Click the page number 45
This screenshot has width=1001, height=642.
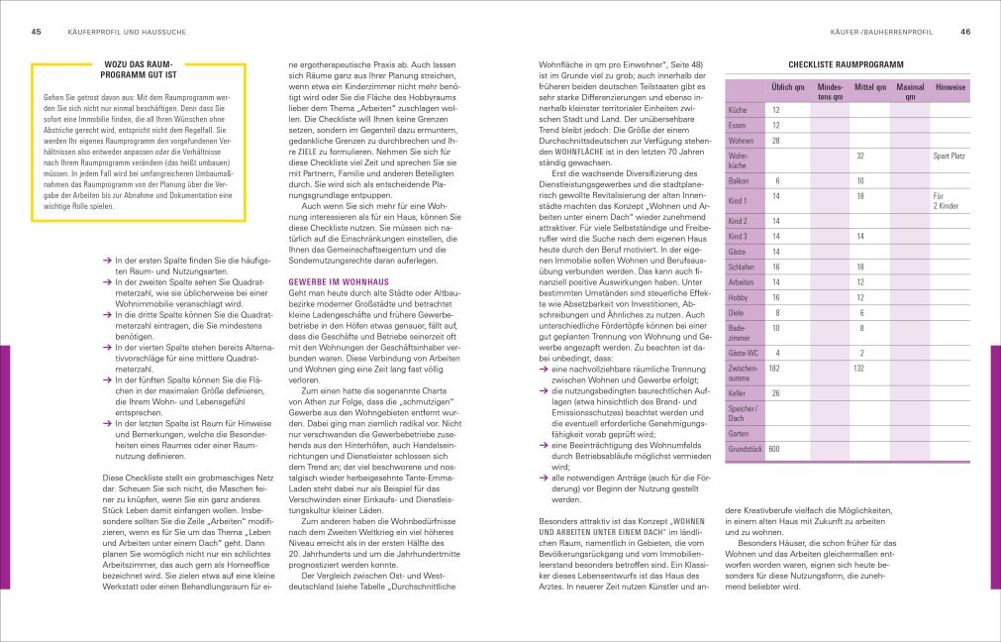36,32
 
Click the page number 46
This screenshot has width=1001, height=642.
965,32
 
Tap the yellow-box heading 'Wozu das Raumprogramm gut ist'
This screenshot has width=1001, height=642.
138,74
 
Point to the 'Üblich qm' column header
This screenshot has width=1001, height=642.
786,87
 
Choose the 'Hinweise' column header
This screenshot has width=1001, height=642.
950,87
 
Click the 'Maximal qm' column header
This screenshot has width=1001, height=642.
910,92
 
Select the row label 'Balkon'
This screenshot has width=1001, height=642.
739,181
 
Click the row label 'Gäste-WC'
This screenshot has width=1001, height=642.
744,353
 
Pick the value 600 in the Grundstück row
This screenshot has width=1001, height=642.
774,449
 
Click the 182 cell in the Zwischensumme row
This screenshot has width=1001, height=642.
774,369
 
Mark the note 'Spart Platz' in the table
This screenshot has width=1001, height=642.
949,157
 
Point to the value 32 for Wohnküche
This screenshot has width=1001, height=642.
860,157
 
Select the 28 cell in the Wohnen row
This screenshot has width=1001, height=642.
775,141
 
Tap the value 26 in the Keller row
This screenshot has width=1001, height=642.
775,394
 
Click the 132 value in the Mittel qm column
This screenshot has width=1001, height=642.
859,369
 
